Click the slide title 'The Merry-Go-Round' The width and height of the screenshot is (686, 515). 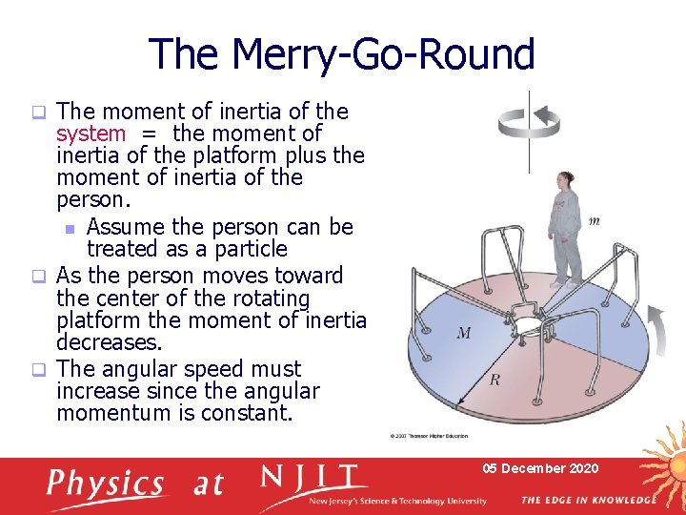(342, 54)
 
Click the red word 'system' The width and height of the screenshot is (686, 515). (91, 134)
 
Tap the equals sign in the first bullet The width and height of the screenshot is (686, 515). (149, 134)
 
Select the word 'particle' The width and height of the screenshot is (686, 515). (247, 249)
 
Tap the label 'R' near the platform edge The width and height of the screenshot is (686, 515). (494, 380)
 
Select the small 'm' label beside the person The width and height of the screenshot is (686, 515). (594, 221)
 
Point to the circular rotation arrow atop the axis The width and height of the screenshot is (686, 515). (530, 117)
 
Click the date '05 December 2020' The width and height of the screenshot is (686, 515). (539, 468)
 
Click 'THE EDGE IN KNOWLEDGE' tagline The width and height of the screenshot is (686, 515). (588, 500)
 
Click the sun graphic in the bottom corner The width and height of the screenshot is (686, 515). (663, 477)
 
